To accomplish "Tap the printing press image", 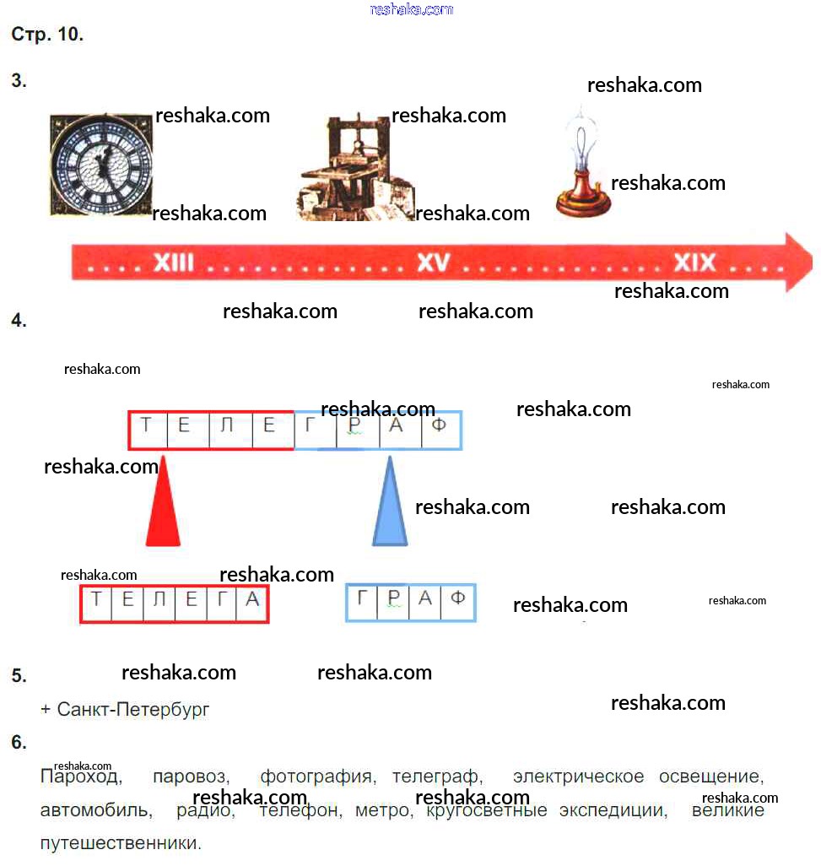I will click(354, 169).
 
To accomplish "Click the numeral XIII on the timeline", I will click(173, 263).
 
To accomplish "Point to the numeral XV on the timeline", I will click(434, 263).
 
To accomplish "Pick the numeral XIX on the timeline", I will click(694, 263).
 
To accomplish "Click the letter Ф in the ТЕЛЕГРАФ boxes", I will click(439, 425).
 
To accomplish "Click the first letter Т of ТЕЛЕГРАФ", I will click(147, 425).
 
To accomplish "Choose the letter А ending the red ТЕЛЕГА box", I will click(251, 600).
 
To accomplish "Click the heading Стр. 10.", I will click(47, 35).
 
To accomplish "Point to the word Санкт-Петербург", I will click(132, 709).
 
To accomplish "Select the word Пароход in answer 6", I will click(81, 777).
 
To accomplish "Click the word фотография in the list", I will click(316, 777).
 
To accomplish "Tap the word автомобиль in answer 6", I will click(95, 811).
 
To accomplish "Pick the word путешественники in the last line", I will click(119, 842).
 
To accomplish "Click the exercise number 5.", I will click(19, 676).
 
